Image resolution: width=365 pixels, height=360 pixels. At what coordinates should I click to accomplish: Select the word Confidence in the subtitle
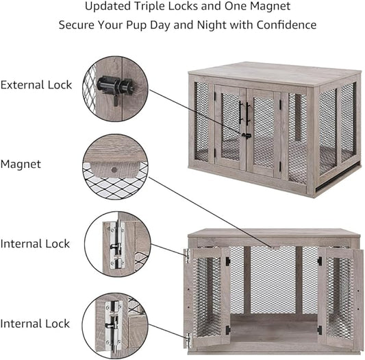tap(286, 25)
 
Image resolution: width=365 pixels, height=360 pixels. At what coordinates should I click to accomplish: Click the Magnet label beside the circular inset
tap(21, 164)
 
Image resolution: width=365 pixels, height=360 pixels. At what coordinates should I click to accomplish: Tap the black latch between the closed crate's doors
tap(245, 134)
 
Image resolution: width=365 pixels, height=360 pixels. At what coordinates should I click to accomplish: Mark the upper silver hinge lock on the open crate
tap(186, 254)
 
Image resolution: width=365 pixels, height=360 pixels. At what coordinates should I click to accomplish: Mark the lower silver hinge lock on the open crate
tap(186, 337)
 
